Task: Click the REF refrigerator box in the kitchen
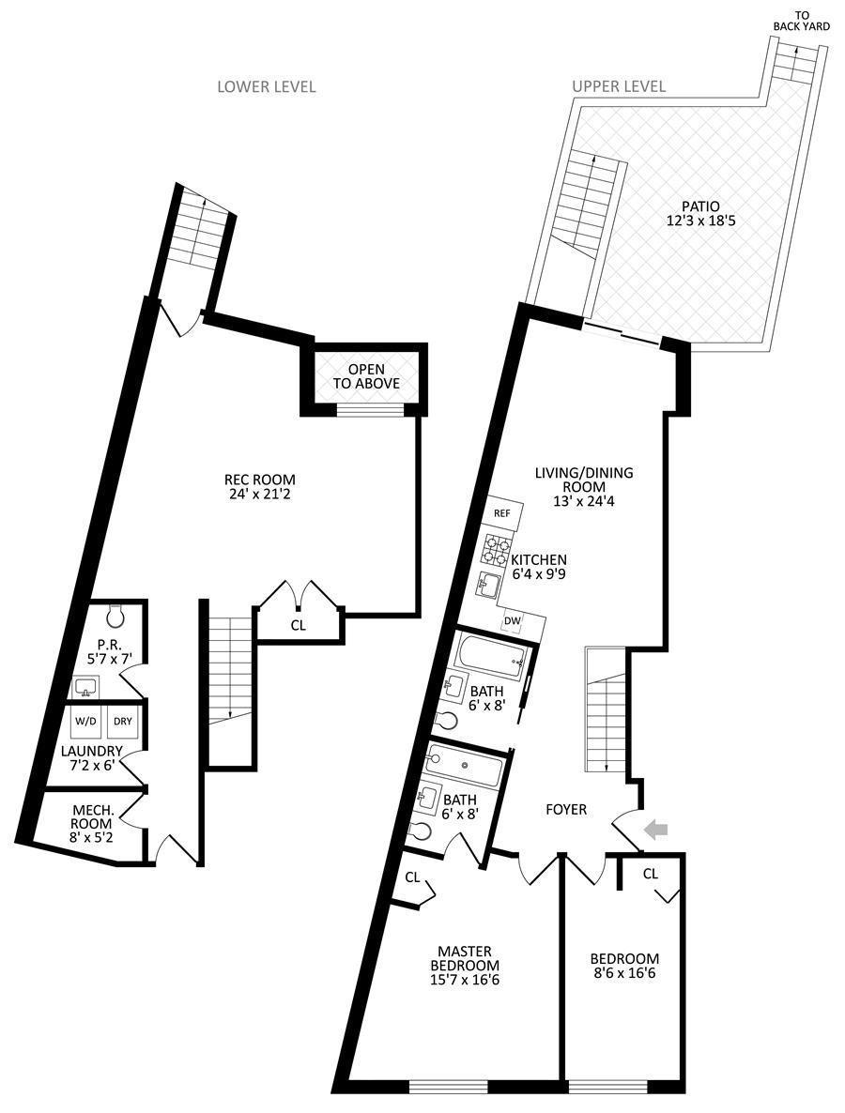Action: coord(502,513)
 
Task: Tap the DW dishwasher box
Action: coord(514,620)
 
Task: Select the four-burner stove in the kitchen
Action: coord(497,549)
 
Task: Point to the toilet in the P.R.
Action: coord(116,616)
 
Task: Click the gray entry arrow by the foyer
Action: coord(658,828)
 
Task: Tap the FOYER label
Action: coord(567,809)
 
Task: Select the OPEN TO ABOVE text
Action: coord(364,376)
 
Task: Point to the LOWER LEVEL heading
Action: coord(267,86)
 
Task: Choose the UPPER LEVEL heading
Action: coord(619,86)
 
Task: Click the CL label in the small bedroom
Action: coord(651,874)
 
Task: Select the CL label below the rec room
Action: coord(298,623)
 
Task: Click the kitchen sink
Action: coord(489,586)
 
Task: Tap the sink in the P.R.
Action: coord(85,688)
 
